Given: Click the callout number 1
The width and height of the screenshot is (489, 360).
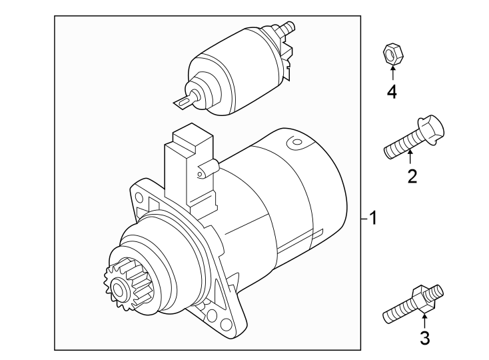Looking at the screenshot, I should (374, 218).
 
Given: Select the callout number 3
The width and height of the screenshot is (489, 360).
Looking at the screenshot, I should (424, 338).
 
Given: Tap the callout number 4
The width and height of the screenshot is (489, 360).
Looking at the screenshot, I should (392, 91).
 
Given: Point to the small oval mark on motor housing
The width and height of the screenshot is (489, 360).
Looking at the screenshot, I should (292, 142).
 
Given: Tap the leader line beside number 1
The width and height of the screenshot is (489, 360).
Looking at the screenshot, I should (364, 218).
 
